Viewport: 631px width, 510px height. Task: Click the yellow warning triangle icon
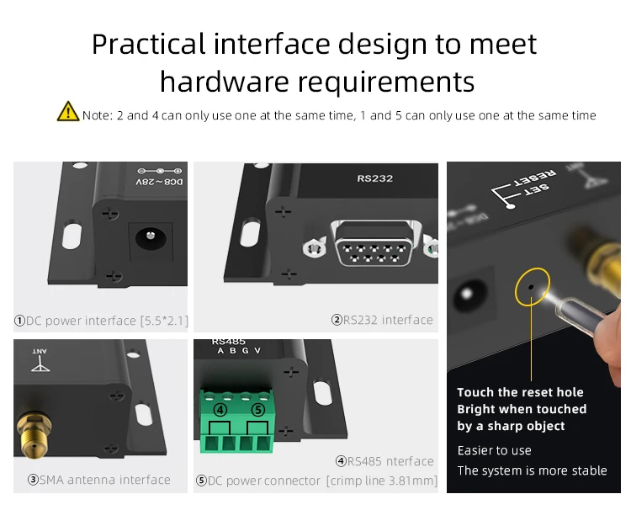point(68,111)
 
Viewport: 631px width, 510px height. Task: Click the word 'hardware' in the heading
point(224,82)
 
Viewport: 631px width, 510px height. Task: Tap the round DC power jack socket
point(151,238)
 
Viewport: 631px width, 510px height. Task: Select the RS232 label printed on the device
point(374,178)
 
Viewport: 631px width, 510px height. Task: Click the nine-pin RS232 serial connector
point(374,243)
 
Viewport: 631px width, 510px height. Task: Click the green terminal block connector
point(237,421)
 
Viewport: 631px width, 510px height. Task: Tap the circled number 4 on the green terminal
point(220,410)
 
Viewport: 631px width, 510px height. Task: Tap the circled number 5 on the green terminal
point(258,410)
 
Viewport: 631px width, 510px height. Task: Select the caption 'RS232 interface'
point(382,320)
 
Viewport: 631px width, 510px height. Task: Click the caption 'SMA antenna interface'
point(99,480)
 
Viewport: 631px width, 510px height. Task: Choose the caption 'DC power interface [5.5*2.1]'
point(101,321)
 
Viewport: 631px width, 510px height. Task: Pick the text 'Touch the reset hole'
point(520,392)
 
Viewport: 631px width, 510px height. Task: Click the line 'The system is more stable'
point(532,470)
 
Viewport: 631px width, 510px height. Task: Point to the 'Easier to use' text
point(494,450)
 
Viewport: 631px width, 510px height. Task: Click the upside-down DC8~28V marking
point(159,182)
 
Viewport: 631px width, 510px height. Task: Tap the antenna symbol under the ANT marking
point(40,364)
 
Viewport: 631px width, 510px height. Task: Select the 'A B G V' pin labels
point(239,351)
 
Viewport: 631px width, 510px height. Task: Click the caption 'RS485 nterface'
point(384,461)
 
